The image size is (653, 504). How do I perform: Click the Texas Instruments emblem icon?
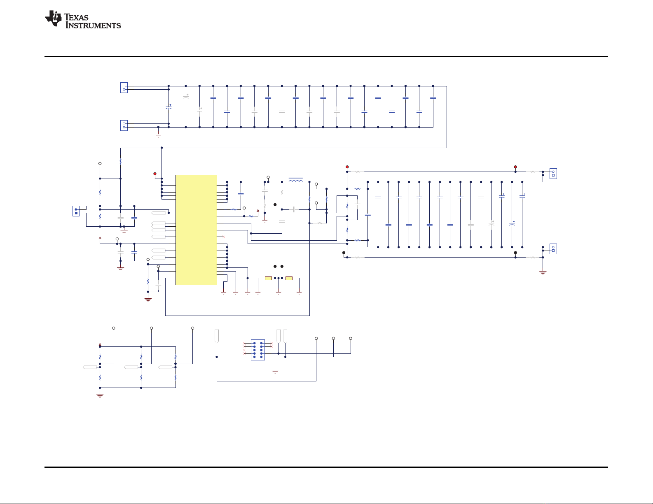pyautogui.click(x=53, y=18)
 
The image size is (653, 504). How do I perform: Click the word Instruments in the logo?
pyautogui.click(x=93, y=26)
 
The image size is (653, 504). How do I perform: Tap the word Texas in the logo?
pyautogui.click(x=76, y=17)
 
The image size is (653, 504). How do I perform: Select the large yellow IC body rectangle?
pyautogui.click(x=196, y=230)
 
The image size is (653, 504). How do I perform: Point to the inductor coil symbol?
pyautogui.click(x=296, y=180)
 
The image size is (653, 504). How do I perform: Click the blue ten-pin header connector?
pyautogui.click(x=258, y=350)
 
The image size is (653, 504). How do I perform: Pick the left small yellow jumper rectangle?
pyautogui.click(x=268, y=279)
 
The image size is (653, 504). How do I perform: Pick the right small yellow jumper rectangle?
pyautogui.click(x=289, y=279)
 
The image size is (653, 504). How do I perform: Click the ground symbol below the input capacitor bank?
pyautogui.click(x=158, y=135)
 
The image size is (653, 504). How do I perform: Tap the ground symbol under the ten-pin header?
pyautogui.click(x=275, y=372)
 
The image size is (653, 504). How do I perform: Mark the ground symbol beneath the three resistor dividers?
pyautogui.click(x=100, y=395)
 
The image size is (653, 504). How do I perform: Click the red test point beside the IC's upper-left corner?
pyautogui.click(x=155, y=174)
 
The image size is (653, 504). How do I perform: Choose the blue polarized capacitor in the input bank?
pyautogui.click(x=169, y=107)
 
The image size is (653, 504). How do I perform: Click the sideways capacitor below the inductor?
pyautogui.click(x=295, y=209)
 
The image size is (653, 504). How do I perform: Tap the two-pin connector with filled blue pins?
pyautogui.click(x=76, y=211)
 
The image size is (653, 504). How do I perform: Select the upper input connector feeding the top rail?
pyautogui.click(x=124, y=88)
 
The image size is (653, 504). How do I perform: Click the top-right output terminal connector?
pyautogui.click(x=553, y=174)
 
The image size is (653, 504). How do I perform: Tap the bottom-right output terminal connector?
pyautogui.click(x=553, y=249)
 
